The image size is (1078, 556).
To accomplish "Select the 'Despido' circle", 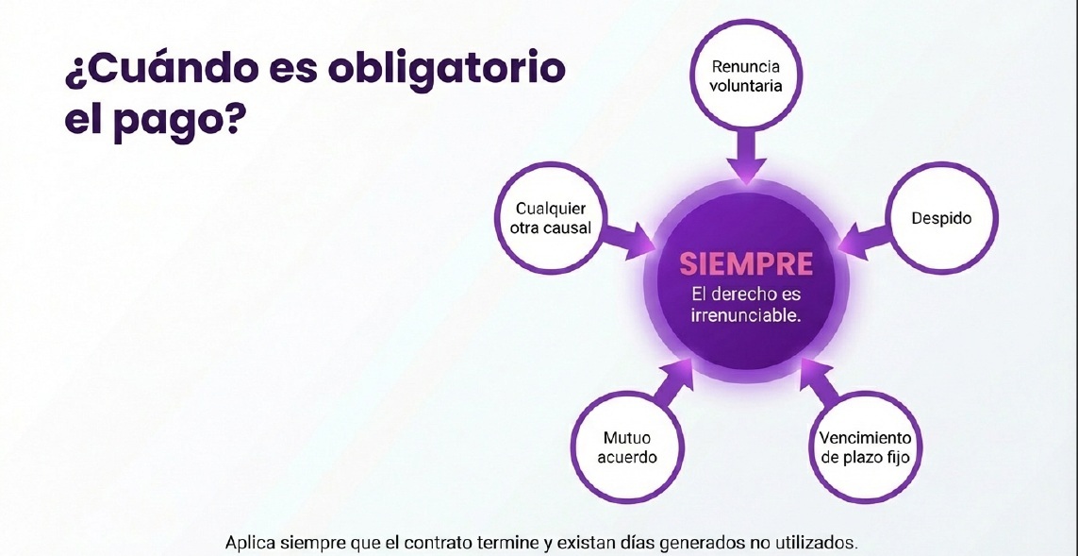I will (940, 219).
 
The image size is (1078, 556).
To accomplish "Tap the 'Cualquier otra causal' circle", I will (551, 217).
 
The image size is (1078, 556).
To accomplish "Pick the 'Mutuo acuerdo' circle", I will (626, 448).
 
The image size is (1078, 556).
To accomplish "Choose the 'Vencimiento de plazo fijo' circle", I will (865, 448).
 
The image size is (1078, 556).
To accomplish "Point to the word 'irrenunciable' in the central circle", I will (746, 315).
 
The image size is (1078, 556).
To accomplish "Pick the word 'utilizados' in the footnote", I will (820, 544).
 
